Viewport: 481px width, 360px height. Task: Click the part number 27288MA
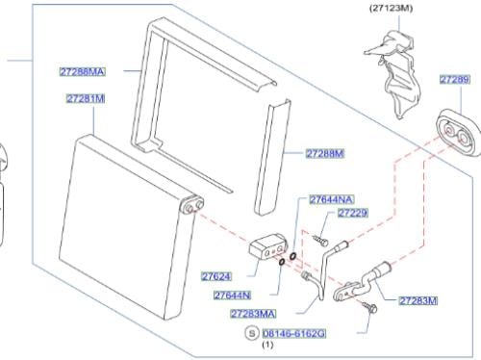(83, 71)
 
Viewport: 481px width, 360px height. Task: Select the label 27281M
(86, 98)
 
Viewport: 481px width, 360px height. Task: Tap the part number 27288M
(325, 153)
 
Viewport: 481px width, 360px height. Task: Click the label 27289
(455, 79)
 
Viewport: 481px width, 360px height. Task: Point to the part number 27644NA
(332, 199)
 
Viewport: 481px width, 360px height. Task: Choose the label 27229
(352, 213)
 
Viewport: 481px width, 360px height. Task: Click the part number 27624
(216, 276)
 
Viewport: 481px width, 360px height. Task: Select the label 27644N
(233, 295)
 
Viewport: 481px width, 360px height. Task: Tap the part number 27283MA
(253, 314)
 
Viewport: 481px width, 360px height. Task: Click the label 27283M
(418, 300)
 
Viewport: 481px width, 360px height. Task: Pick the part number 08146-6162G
(294, 334)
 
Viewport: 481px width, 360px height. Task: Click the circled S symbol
(252, 333)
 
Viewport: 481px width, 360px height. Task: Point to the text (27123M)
(391, 8)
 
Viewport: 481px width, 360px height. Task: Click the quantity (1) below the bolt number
(268, 345)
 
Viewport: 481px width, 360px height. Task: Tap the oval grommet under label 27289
(458, 133)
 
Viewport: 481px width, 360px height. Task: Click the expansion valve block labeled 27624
(267, 246)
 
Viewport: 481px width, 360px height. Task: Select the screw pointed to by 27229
(320, 241)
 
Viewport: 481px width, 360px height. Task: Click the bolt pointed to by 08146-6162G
(369, 307)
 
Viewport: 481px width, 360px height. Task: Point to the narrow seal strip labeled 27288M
(273, 157)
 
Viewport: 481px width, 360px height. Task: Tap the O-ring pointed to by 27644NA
(292, 256)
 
